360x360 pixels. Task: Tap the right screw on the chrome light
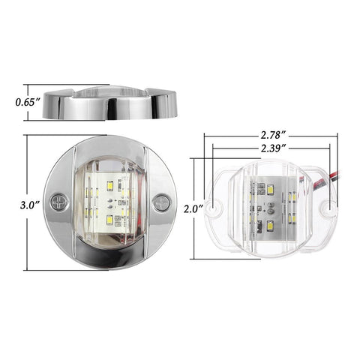click(x=160, y=202)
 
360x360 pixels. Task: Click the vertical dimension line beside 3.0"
click(x=27, y=172)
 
